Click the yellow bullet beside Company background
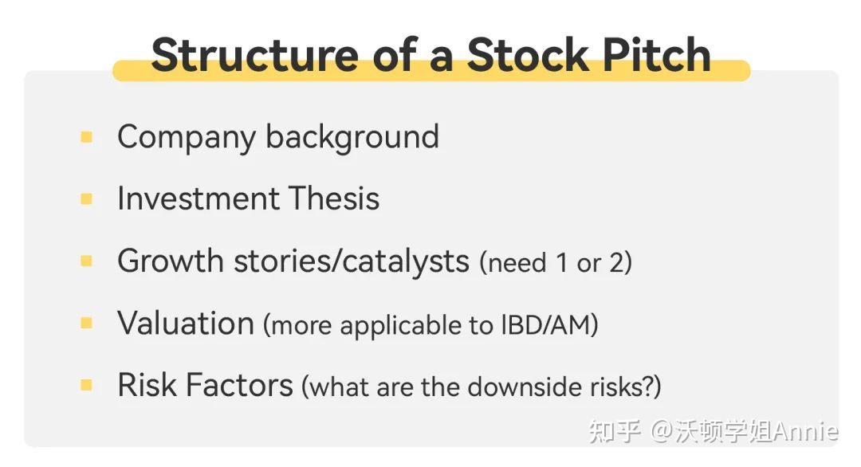87,137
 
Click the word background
352,137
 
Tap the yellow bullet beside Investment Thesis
87,198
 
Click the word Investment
198,198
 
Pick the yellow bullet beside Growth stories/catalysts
87,261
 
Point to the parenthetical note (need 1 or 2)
556,263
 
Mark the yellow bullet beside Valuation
87,323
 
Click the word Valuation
186,323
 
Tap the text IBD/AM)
549,325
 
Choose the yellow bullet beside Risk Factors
87,385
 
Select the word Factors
238,385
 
